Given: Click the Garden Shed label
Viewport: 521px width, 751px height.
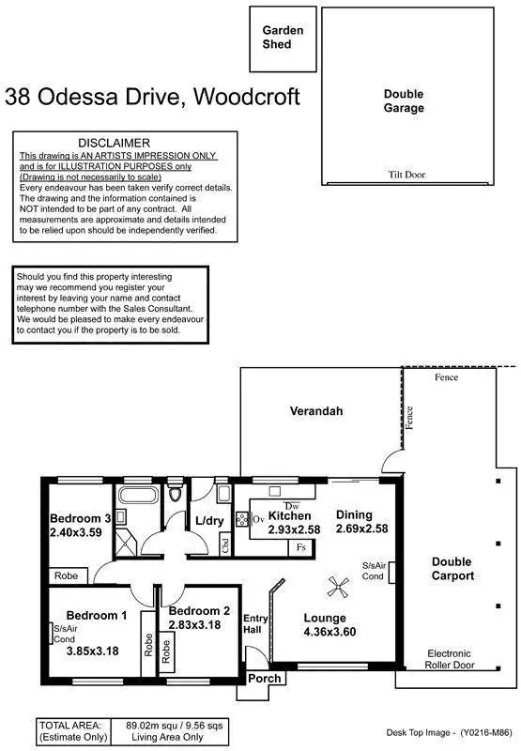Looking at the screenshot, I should tap(283, 37).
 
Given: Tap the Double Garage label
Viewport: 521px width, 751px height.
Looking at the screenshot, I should tap(404, 100).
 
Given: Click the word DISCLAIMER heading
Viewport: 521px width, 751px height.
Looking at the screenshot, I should tap(127, 142).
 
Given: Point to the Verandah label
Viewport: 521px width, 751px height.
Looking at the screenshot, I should tap(315, 411).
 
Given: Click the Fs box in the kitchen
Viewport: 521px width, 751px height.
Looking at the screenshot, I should tap(300, 545).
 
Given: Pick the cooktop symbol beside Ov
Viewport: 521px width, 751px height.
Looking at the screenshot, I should tap(241, 519).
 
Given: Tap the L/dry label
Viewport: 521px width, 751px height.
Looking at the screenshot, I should tap(208, 521).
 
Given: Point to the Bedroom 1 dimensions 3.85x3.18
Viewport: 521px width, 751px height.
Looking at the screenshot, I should tap(94, 649).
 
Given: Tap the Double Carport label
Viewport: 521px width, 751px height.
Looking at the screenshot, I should tap(452, 569).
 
